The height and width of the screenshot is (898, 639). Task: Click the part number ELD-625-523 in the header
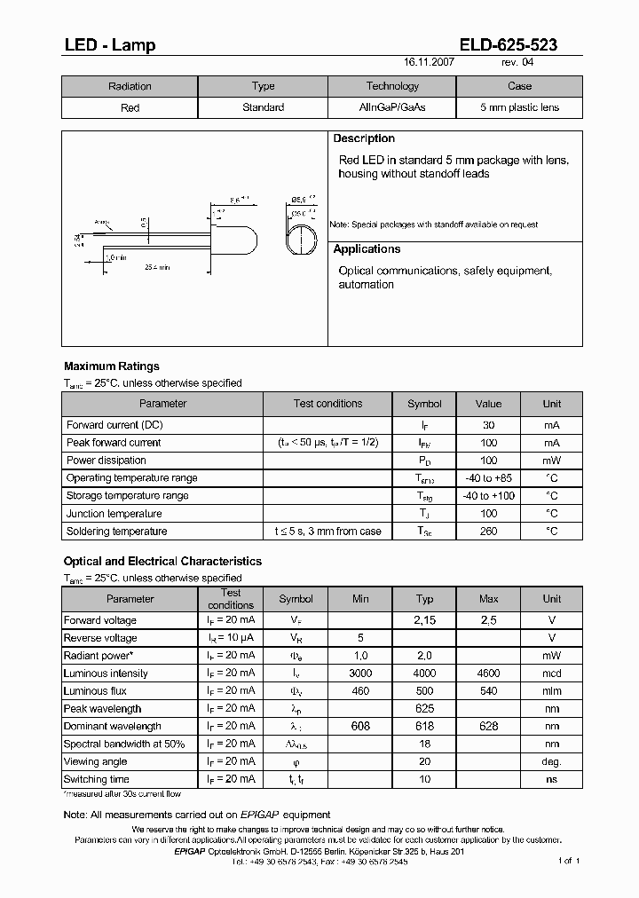click(508, 44)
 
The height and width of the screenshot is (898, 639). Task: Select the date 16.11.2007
click(430, 63)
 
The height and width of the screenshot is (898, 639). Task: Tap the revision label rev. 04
click(518, 63)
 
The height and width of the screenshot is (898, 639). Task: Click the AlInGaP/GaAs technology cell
click(391, 107)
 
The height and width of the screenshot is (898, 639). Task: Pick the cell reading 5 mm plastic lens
click(519, 107)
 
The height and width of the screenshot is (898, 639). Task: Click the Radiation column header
click(130, 86)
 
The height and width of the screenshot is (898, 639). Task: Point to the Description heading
click(364, 138)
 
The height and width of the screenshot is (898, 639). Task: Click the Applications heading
click(367, 249)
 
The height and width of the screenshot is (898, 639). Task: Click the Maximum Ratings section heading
click(112, 366)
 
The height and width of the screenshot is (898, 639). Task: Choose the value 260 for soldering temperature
click(488, 532)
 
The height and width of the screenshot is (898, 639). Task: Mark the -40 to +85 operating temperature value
click(488, 478)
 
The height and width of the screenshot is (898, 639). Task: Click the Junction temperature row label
click(114, 514)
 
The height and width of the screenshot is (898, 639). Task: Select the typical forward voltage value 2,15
click(424, 620)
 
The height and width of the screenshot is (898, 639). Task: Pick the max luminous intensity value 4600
click(488, 673)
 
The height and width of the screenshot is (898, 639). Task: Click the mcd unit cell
click(551, 673)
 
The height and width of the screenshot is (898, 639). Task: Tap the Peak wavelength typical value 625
click(424, 709)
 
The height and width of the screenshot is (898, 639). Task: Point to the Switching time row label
click(97, 779)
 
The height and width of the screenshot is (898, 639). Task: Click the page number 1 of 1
click(568, 861)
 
